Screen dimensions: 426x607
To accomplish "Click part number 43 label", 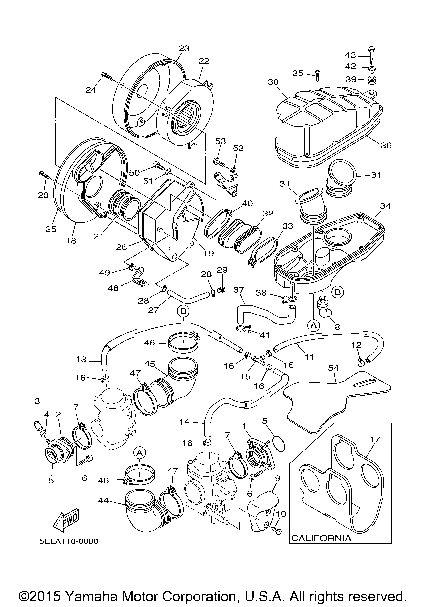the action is [351, 55].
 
